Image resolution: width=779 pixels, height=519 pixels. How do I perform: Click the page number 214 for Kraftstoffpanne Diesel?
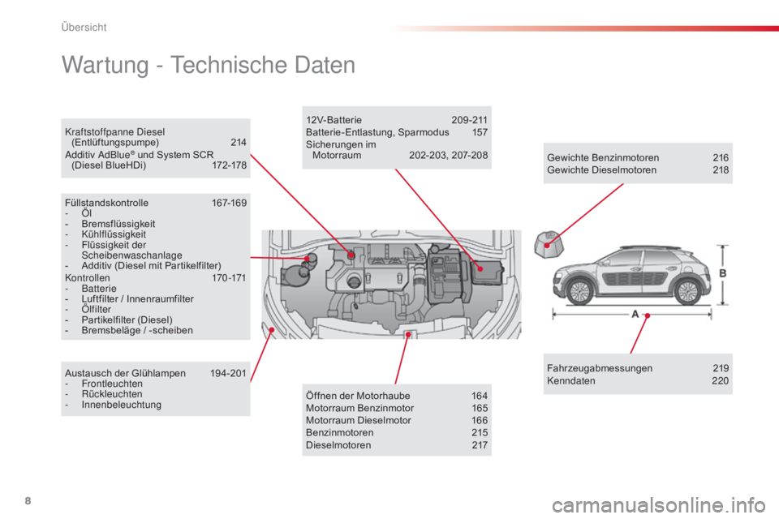click(x=239, y=143)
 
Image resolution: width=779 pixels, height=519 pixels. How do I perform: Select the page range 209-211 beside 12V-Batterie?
click(x=470, y=120)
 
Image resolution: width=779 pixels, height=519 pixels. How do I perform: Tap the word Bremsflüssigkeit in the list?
click(x=118, y=224)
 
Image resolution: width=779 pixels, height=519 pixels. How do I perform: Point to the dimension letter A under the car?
click(x=635, y=314)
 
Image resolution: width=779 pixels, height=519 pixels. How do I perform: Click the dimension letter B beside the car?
click(x=723, y=273)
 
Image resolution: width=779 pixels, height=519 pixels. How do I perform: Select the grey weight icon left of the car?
click(x=549, y=244)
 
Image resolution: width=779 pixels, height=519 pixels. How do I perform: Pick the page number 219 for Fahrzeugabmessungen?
click(x=721, y=368)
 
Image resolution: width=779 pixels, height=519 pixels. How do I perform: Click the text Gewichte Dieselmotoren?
click(x=601, y=170)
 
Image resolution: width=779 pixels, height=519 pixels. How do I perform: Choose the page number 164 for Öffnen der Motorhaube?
click(x=480, y=396)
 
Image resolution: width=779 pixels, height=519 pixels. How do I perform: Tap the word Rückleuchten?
click(x=112, y=394)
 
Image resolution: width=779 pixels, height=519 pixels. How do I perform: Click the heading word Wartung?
click(x=105, y=65)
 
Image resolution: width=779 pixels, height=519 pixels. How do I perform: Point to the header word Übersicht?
click(x=84, y=28)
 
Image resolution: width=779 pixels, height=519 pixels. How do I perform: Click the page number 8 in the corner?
click(x=28, y=500)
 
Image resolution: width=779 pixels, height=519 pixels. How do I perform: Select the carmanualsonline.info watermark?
click(x=659, y=505)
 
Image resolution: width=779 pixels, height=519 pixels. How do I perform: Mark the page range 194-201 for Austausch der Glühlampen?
click(x=228, y=374)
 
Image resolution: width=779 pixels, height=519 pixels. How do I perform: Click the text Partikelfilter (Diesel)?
click(x=127, y=320)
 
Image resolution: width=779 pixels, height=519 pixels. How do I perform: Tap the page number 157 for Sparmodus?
click(x=480, y=133)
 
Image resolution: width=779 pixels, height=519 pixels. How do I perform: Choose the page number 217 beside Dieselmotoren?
click(x=480, y=445)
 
